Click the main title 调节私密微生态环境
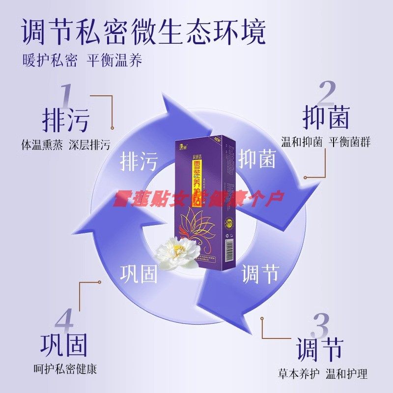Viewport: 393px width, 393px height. (x=144, y=32)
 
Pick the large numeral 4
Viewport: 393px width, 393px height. (x=64, y=322)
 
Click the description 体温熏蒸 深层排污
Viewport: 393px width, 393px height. (x=65, y=145)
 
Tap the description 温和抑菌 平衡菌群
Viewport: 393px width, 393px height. (x=326, y=142)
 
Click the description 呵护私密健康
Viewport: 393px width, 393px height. (x=65, y=369)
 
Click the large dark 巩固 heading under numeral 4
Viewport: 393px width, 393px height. (x=64, y=346)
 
